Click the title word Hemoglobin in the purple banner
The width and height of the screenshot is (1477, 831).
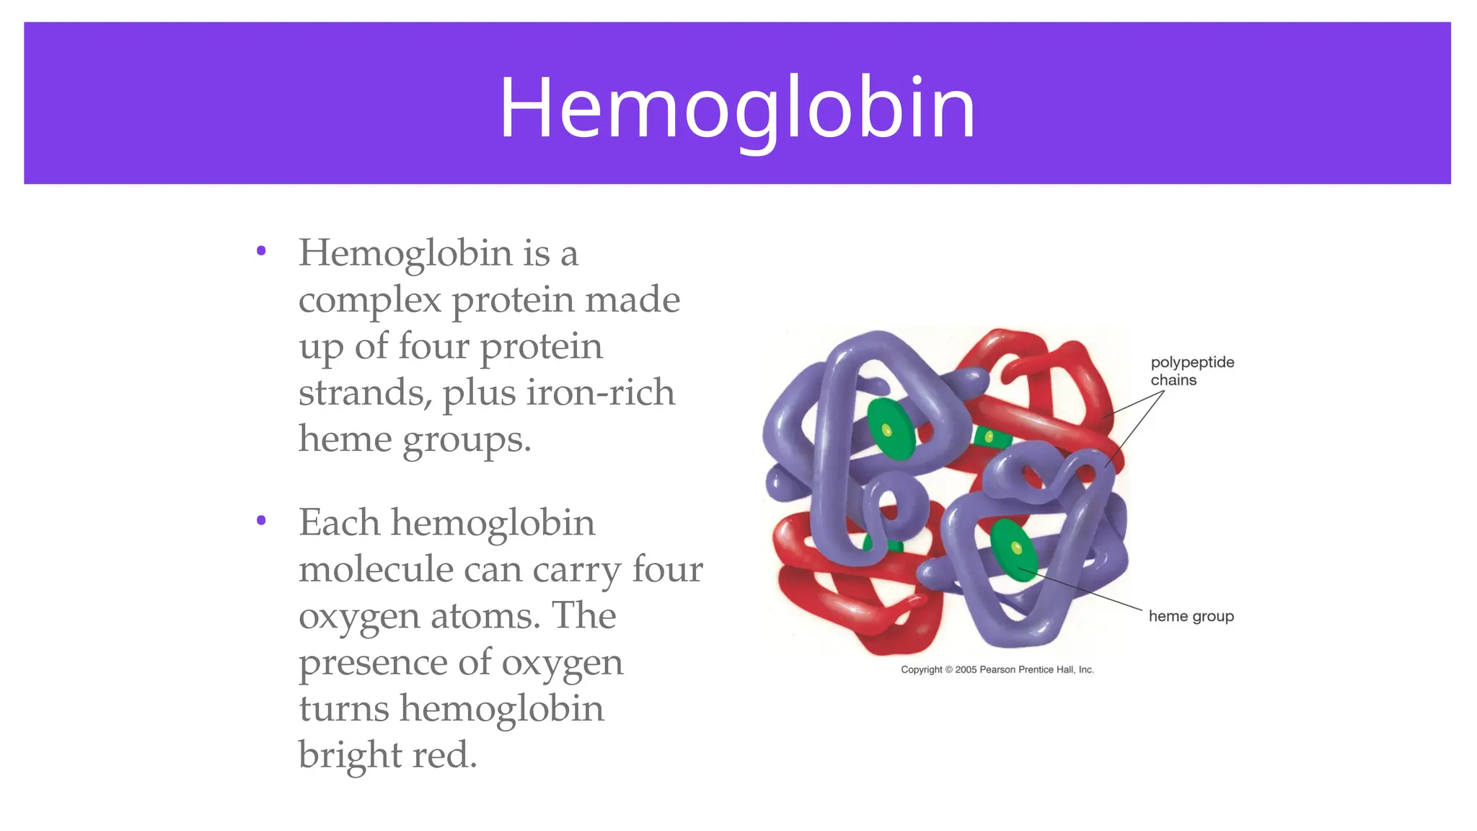click(x=737, y=108)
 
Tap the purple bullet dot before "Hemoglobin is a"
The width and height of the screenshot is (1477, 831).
click(x=261, y=251)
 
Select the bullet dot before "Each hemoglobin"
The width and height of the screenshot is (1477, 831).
click(x=261, y=520)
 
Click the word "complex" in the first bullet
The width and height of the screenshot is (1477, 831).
click(x=369, y=301)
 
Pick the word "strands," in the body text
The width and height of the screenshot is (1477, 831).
click(x=365, y=393)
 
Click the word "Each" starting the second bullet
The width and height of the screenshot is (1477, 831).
click(x=339, y=522)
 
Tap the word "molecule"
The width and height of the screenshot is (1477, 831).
click(x=374, y=569)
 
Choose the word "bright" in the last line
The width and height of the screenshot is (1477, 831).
click(x=350, y=756)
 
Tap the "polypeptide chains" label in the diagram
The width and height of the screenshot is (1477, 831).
click(x=1191, y=371)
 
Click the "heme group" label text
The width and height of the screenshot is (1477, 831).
click(x=1191, y=616)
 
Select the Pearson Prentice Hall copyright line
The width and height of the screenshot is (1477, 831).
click(x=997, y=669)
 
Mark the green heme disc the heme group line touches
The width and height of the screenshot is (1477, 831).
click(x=1013, y=550)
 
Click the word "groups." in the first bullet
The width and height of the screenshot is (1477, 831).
click(x=467, y=440)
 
